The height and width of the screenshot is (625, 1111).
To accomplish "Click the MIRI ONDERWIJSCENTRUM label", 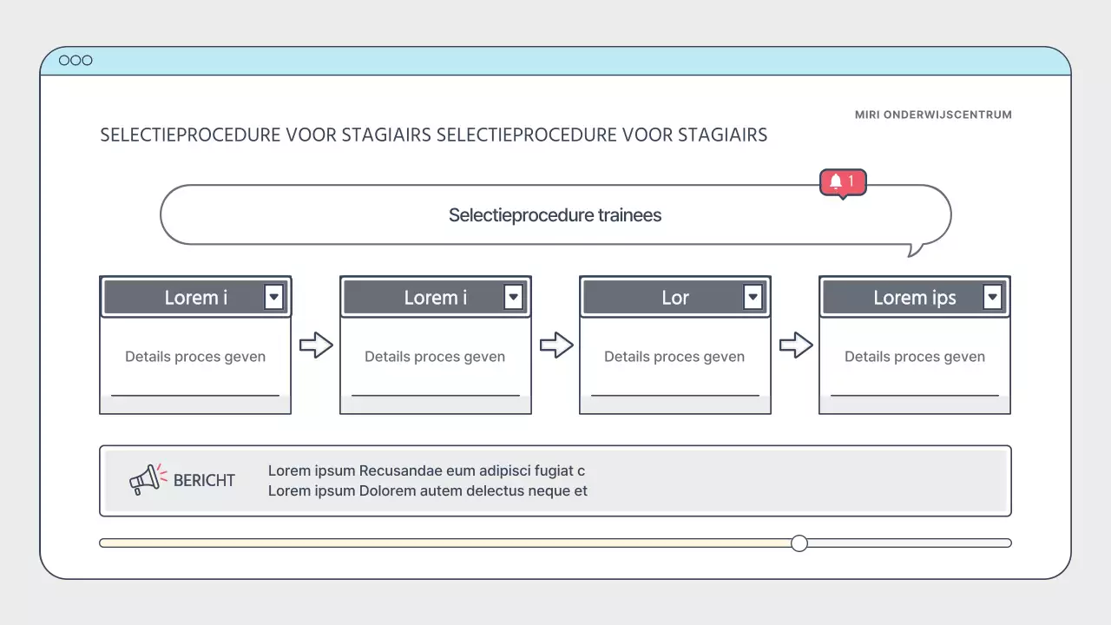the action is (933, 115).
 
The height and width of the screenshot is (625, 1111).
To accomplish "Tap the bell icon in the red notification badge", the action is (836, 181).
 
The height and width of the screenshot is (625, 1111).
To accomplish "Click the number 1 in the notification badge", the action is (851, 181).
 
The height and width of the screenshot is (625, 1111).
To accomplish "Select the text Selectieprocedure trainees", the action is (555, 215).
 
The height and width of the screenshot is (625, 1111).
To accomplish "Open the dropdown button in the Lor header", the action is (753, 298).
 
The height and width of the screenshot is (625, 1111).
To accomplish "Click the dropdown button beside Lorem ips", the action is (992, 298).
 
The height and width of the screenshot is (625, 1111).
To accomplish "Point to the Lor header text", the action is (674, 298).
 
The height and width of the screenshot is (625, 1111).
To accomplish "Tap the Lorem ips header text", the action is (914, 298).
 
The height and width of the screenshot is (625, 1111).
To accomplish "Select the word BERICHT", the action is (204, 480).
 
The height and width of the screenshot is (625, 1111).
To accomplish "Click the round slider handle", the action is (799, 543).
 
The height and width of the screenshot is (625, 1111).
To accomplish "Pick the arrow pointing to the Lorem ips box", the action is (796, 345).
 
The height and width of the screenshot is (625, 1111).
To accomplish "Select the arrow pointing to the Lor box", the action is (556, 345).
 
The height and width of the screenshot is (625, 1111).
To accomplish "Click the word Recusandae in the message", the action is (400, 470).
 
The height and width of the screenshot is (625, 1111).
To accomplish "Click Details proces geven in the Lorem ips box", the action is (914, 357).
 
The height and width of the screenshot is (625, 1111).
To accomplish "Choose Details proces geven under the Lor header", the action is (674, 357).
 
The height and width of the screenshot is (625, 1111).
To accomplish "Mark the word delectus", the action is (498, 490).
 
